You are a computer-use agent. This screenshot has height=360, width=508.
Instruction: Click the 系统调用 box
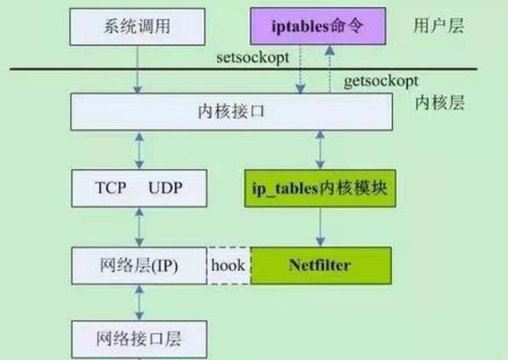tap(138, 27)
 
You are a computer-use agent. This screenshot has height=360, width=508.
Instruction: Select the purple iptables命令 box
tap(318, 26)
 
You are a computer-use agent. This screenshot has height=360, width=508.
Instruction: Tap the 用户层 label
tap(439, 25)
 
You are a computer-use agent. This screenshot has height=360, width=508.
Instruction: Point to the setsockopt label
tap(253, 58)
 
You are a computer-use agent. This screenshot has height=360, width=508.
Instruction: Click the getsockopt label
tap(381, 81)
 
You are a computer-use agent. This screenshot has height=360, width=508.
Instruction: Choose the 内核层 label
tap(440, 103)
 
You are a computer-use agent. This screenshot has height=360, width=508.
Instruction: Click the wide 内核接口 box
tap(232, 112)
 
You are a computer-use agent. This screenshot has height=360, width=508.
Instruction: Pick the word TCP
tap(111, 188)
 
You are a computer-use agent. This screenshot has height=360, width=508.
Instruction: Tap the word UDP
tap(165, 188)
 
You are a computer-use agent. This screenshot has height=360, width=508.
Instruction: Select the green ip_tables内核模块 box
tap(320, 188)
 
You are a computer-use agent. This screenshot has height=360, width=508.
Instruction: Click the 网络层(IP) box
tap(139, 265)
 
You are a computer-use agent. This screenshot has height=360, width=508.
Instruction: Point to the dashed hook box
tap(228, 265)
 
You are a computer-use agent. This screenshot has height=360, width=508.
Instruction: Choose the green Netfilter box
tap(321, 265)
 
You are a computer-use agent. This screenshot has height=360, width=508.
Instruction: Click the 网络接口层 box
tap(139, 339)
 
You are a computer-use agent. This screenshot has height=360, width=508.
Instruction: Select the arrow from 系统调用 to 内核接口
tap(138, 69)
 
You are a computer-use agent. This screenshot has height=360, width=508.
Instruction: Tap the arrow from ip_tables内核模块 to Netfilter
tap(320, 227)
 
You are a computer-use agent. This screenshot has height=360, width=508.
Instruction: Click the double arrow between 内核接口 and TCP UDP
tap(139, 150)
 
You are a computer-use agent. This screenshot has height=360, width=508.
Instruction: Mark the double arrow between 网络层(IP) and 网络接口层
tap(139, 302)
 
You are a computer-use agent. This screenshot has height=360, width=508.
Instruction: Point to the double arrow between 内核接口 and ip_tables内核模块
tap(320, 149)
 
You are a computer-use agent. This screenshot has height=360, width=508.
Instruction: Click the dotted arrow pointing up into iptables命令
tap(330, 69)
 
